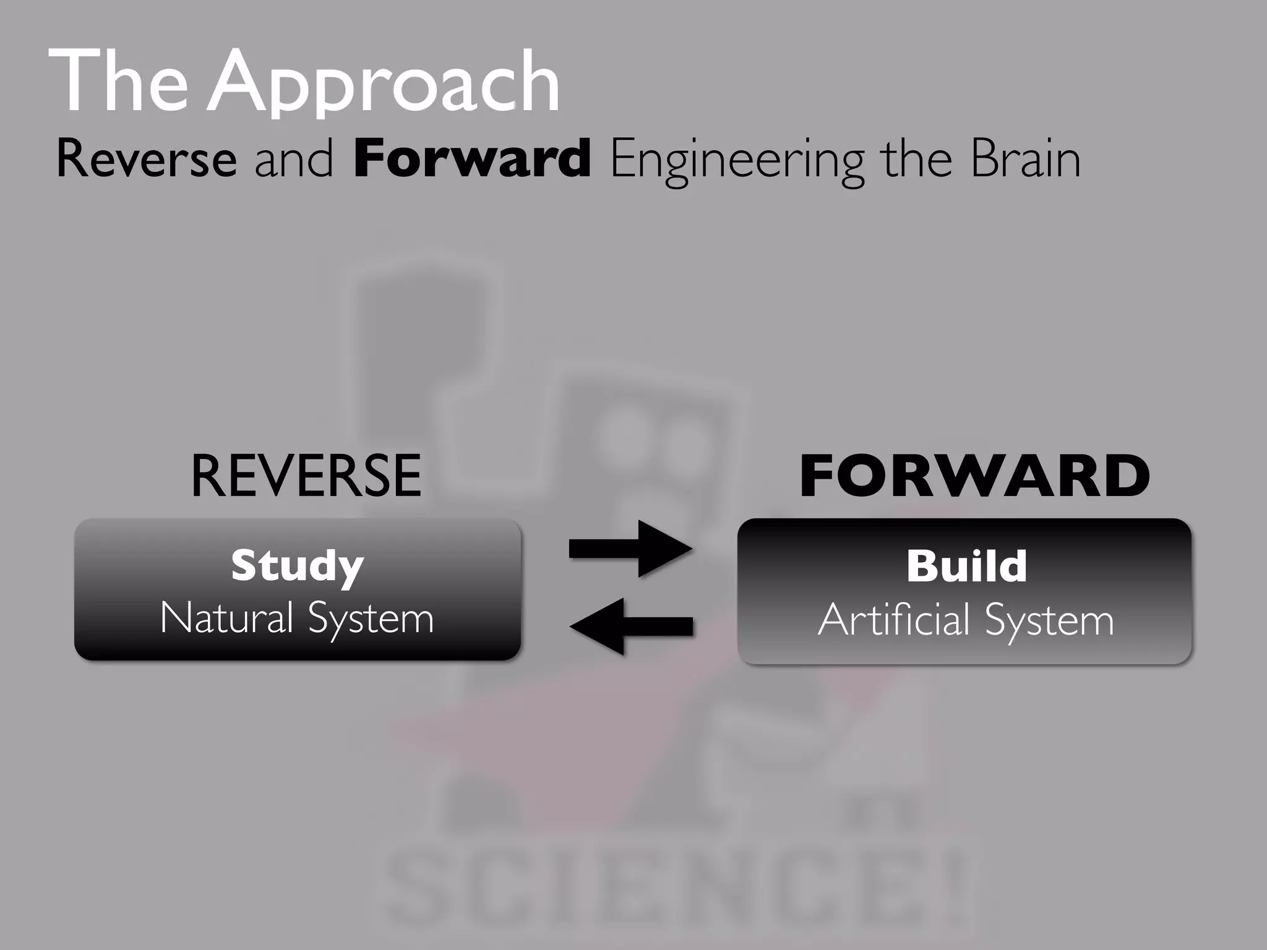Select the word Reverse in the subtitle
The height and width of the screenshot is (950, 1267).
click(x=146, y=160)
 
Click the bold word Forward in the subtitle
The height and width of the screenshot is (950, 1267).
click(x=471, y=160)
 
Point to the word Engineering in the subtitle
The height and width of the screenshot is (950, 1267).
click(x=736, y=161)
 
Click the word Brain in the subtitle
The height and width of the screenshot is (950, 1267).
click(x=1025, y=160)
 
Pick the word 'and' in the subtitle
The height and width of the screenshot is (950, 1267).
click(x=294, y=160)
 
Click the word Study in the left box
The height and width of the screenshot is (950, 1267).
click(x=297, y=566)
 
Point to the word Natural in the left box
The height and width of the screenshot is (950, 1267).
click(x=226, y=618)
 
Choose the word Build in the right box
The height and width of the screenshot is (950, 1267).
click(x=966, y=566)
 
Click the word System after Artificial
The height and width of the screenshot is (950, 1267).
click(x=1049, y=621)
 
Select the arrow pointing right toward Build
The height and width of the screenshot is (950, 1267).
click(x=631, y=548)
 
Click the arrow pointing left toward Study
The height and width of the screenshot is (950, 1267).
click(x=631, y=626)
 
